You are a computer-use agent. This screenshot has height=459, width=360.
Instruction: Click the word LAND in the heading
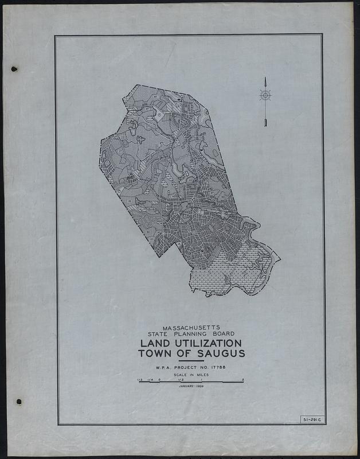point(152,343)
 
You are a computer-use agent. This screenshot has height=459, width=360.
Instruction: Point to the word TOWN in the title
point(156,353)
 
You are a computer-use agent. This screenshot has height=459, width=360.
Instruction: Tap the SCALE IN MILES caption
point(191,375)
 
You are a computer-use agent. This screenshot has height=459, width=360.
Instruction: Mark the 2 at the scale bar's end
point(243,379)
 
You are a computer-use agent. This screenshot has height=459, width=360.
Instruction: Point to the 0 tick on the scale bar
point(160,379)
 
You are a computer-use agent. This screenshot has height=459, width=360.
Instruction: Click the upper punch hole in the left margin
point(15,69)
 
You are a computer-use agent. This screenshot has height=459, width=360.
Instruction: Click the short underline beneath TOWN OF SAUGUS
point(191,360)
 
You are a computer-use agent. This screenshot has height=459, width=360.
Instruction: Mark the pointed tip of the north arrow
point(265,77)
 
